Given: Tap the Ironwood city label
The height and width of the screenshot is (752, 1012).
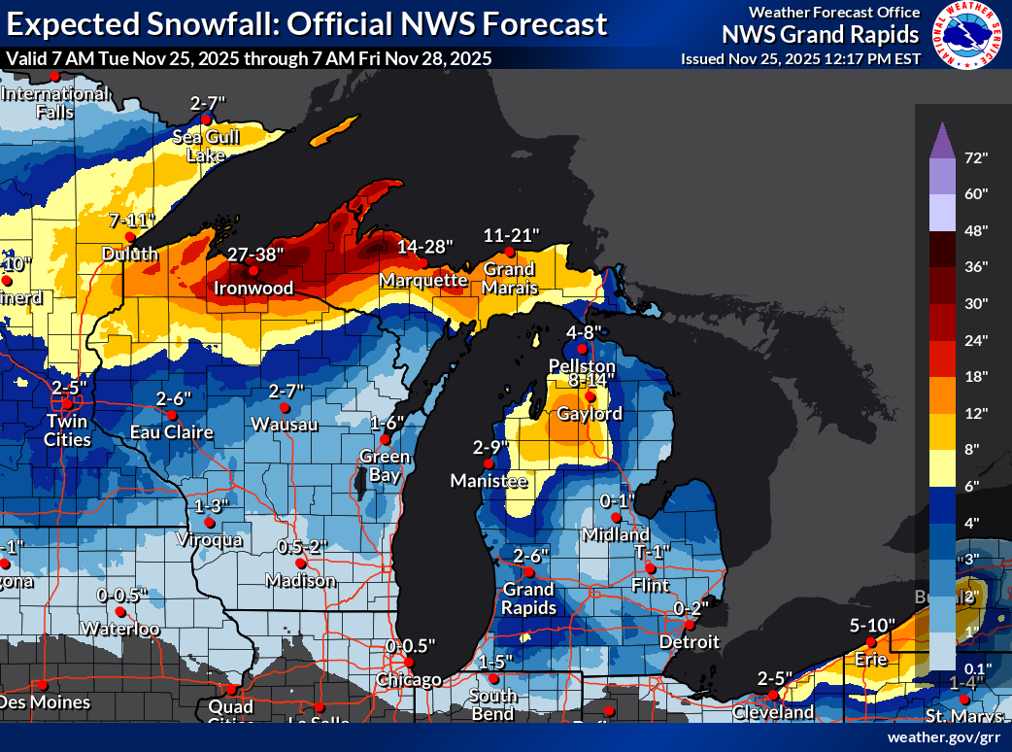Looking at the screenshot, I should point(254,289).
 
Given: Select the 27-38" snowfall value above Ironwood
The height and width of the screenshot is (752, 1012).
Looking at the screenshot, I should point(255,255).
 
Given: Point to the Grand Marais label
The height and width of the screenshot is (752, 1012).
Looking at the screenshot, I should point(510,278).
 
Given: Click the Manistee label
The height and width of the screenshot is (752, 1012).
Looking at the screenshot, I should point(489,481).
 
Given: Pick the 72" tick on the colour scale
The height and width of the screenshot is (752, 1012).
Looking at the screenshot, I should point(976,157).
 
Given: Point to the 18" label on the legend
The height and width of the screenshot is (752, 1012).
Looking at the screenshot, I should point(976,376).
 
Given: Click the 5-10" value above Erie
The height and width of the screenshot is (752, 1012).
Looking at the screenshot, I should point(873,626).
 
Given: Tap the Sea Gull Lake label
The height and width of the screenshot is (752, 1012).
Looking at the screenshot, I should point(205,146).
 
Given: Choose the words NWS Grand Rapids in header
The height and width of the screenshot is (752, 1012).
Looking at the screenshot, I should point(820,35).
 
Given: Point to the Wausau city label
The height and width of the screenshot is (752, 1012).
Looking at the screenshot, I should point(283,424).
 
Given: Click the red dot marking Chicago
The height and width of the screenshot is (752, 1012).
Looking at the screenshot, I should point(410,663).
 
